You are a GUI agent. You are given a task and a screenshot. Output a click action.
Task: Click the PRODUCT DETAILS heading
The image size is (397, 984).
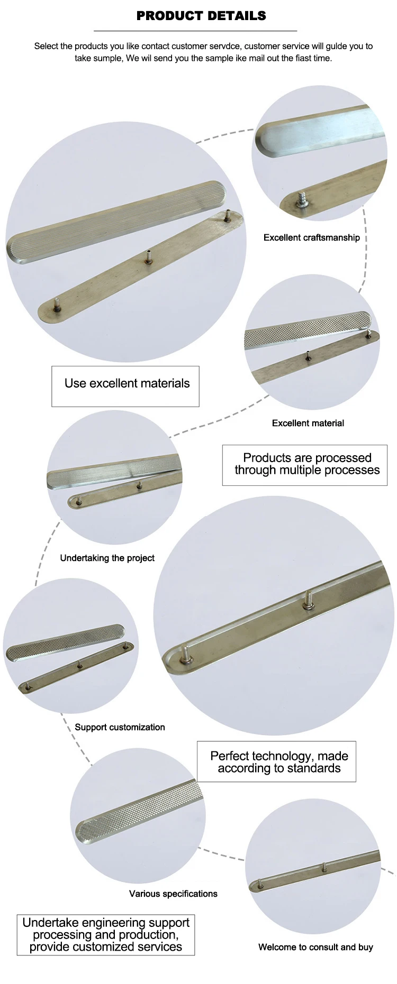click(201, 16)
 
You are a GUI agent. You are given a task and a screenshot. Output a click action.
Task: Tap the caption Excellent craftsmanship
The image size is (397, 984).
click(311, 238)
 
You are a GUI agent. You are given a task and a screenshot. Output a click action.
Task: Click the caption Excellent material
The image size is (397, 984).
click(308, 423)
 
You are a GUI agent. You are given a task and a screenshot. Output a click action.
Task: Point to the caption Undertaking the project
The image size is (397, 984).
click(107, 558)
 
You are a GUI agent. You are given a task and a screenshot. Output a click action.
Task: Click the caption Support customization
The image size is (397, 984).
click(120, 727)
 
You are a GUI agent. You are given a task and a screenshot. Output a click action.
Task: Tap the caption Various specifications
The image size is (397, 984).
click(173, 894)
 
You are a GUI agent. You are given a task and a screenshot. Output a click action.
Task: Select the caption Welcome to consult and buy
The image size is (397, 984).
click(315, 947)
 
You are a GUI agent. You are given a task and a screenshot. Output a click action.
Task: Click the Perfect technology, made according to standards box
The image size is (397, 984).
click(276, 762)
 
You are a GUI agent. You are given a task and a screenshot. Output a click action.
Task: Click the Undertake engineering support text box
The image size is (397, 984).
click(106, 935)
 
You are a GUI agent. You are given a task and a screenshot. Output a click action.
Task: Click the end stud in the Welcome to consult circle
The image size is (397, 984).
click(260, 882)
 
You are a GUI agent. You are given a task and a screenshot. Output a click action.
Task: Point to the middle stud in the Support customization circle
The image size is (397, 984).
click(79, 664)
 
